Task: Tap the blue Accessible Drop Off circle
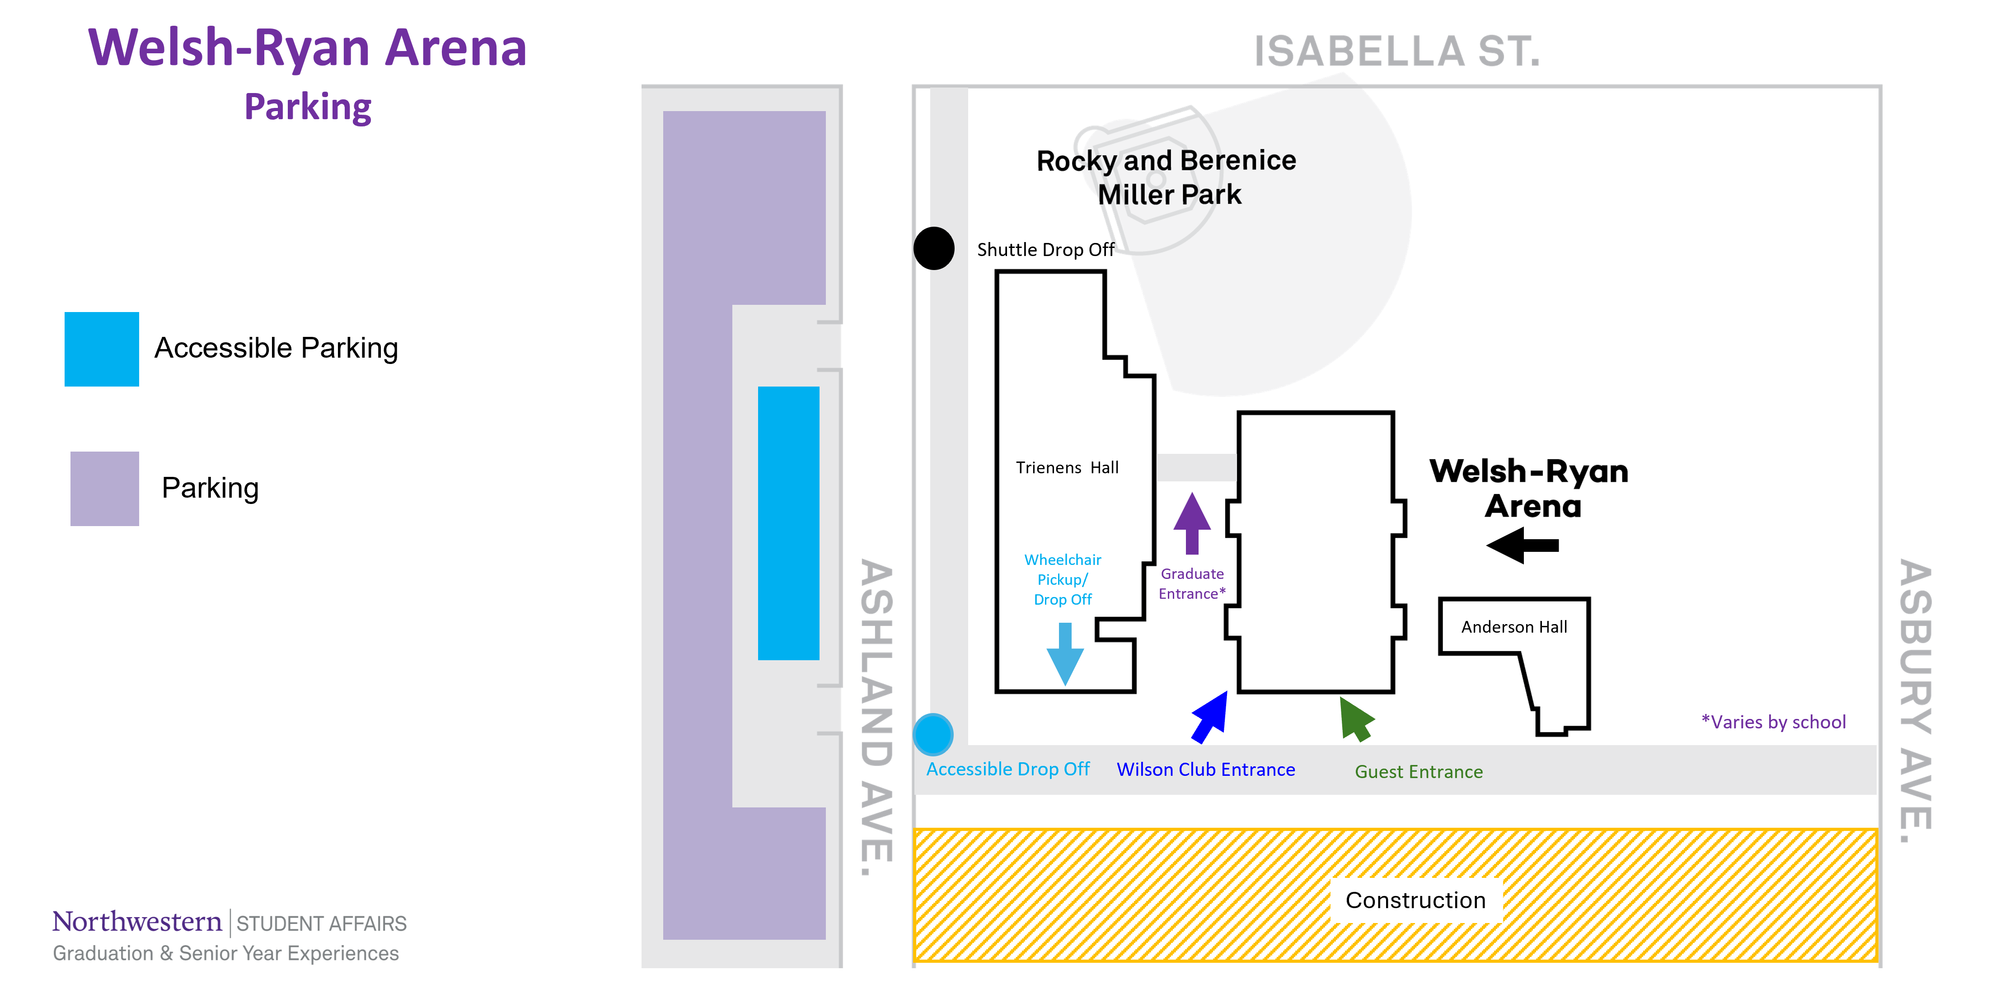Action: pyautogui.click(x=933, y=734)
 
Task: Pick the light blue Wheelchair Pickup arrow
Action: pyautogui.click(x=1065, y=653)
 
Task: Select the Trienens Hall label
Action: pyautogui.click(x=1067, y=467)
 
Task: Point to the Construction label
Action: pyautogui.click(x=1415, y=900)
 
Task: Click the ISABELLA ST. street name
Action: pyautogui.click(x=1396, y=51)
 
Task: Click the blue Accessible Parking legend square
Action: pyautogui.click(x=101, y=349)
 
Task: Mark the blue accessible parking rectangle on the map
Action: pyautogui.click(x=788, y=523)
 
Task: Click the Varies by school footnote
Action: pyautogui.click(x=1773, y=722)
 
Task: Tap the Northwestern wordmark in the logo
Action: pyautogui.click(x=137, y=922)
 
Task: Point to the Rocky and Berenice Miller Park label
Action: pyautogui.click(x=1166, y=177)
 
